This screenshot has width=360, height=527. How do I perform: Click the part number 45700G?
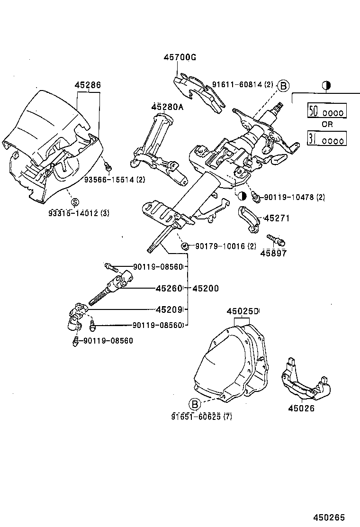coord(180,57)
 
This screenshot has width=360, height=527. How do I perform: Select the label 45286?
coord(88,85)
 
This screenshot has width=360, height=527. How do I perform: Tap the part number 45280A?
coord(167,107)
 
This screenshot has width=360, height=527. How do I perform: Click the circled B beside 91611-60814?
coord(283,85)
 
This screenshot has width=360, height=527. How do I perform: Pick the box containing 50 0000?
coord(327,111)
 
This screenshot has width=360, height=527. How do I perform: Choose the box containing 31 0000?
coord(327,138)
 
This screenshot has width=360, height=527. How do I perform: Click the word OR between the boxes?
coord(327,124)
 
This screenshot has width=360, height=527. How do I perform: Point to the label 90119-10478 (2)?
coord(294,197)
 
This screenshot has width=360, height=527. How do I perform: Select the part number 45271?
coord(276,218)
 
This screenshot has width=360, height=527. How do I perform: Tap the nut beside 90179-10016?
coord(186,246)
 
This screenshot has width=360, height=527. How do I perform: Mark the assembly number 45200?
coord(206,288)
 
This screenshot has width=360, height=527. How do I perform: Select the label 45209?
coord(169,309)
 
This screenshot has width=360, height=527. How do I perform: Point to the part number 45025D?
coord(243,311)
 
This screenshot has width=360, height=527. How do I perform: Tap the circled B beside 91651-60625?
coord(195,404)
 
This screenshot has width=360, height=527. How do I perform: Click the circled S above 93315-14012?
coord(75,202)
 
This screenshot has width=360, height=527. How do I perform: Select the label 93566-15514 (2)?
coord(115,180)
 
